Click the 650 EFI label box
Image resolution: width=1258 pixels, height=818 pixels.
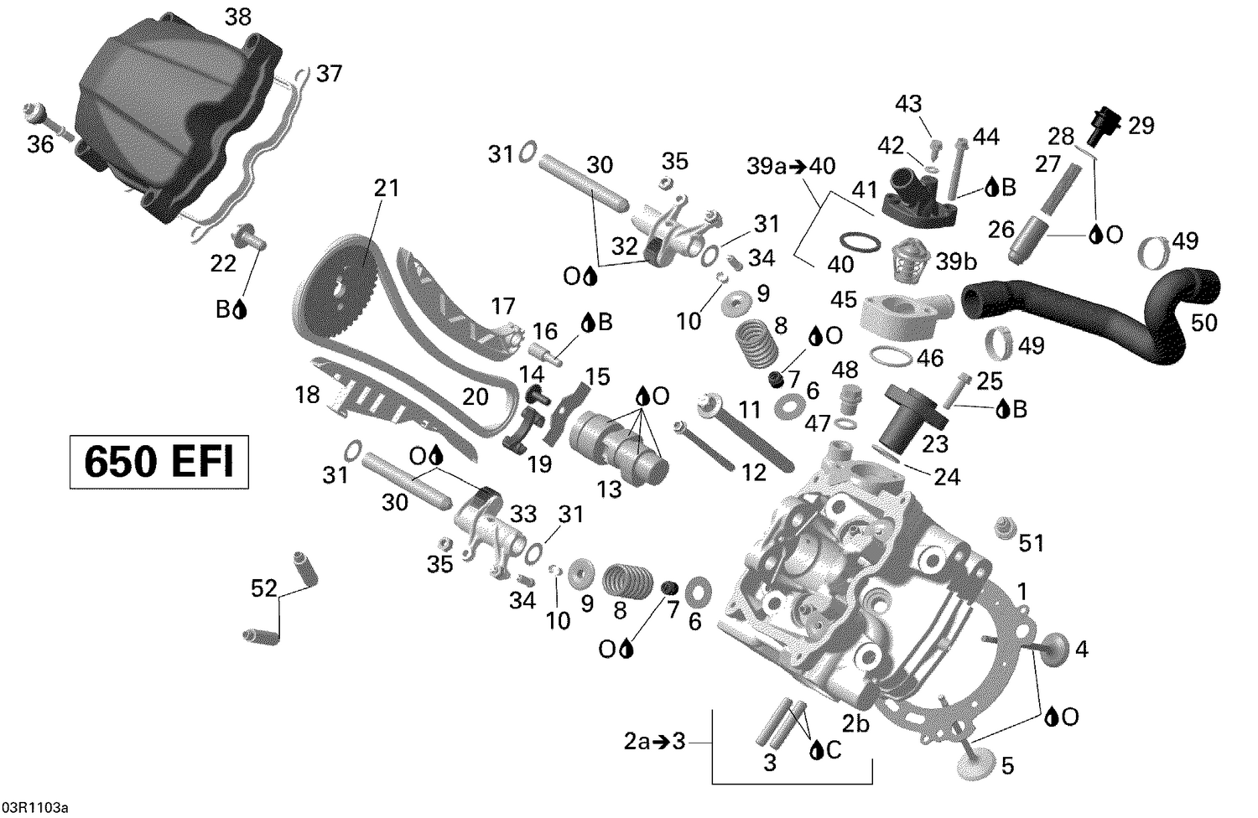159,461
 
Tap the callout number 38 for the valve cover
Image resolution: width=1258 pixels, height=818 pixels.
238,17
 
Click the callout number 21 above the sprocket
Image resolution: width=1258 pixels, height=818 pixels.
387,188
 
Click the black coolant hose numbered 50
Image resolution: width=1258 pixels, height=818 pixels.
1115,314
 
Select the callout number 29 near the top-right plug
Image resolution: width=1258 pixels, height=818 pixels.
1141,125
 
